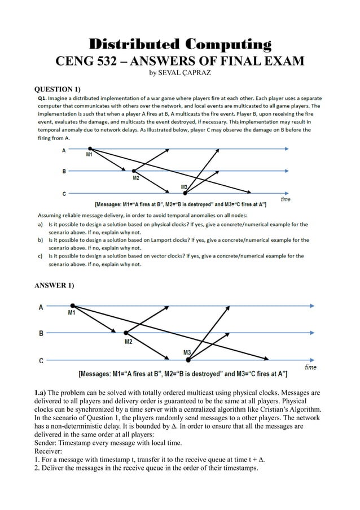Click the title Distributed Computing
click(x=180, y=44)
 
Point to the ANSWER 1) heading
click(x=54, y=286)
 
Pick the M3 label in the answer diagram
click(x=188, y=352)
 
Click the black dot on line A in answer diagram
click(x=72, y=306)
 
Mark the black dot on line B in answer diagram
click(x=125, y=333)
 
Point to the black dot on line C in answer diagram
click(x=188, y=359)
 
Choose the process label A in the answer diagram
click(x=41, y=307)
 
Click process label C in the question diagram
click(x=64, y=193)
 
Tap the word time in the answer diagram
click(x=310, y=368)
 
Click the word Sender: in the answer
click(x=49, y=443)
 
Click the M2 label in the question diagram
click(x=136, y=178)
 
